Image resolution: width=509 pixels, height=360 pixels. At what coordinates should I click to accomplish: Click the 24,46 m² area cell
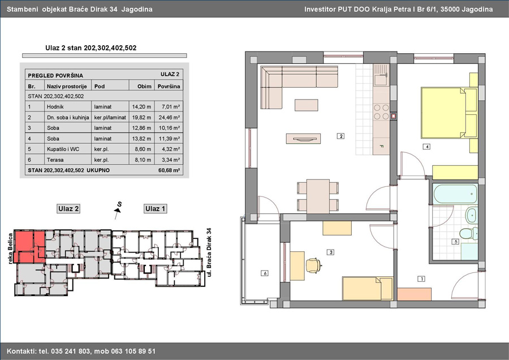click(x=169, y=117)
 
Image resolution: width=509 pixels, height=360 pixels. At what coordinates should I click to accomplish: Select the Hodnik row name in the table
click(x=55, y=106)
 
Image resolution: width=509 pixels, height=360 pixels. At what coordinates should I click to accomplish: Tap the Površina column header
click(x=169, y=86)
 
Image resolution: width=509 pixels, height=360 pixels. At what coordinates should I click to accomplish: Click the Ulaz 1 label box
click(x=155, y=209)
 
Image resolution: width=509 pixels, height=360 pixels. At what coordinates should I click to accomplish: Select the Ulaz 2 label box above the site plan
click(x=68, y=209)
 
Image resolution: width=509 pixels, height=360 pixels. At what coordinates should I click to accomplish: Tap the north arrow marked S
click(x=118, y=210)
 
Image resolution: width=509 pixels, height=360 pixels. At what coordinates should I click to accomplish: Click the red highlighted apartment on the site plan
click(x=30, y=246)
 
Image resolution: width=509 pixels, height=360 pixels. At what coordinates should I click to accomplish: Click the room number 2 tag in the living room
click(x=340, y=136)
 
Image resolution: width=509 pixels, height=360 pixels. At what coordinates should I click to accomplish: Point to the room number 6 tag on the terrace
click(x=265, y=273)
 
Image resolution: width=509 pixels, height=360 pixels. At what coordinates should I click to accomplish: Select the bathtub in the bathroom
click(x=455, y=194)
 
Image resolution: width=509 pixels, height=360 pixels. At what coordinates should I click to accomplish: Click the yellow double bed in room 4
click(x=449, y=113)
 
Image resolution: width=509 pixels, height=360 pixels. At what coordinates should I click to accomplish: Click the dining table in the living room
click(x=318, y=196)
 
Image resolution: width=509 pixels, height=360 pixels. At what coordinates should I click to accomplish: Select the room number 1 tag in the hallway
click(x=421, y=278)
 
